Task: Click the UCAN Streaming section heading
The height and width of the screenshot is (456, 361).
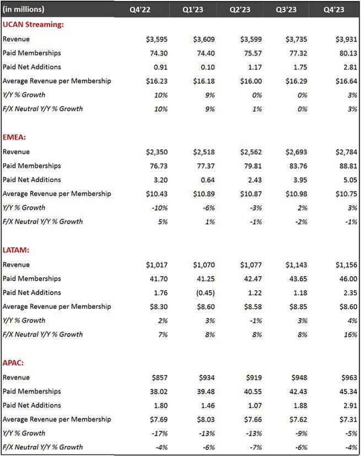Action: coord(33,25)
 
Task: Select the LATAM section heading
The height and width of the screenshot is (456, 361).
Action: coord(16,250)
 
